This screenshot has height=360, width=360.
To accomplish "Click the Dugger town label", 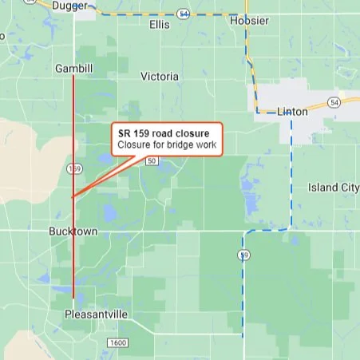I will [69, 6].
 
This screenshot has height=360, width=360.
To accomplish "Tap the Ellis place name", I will [160, 25].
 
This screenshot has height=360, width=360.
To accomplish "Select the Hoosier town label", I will [249, 21].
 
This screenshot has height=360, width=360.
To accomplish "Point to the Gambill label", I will [73, 69].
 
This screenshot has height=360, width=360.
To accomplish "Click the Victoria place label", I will [160, 77].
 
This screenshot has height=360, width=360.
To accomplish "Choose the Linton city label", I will [292, 112].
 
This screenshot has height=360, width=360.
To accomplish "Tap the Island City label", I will [334, 188].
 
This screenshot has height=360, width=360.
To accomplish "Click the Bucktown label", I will [73, 231].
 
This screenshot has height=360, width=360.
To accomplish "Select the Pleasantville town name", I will [96, 315].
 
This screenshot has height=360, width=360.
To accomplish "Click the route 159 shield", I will [74, 169].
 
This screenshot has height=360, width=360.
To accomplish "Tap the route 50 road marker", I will [152, 161].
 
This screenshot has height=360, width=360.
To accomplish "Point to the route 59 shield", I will [243, 255].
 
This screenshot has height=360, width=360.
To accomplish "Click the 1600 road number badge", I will [117, 342].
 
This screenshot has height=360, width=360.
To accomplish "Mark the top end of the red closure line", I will [73, 77].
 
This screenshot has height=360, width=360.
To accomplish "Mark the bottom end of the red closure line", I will [73, 298].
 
